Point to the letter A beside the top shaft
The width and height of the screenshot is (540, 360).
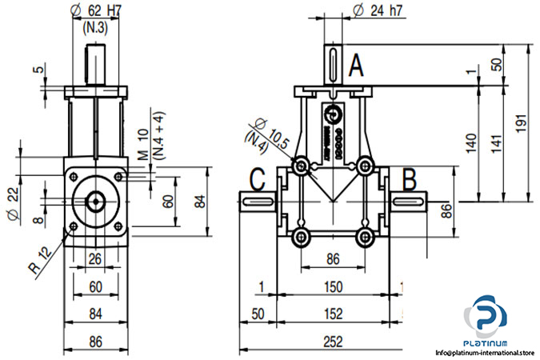coord(357,64)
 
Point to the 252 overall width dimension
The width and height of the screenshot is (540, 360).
coord(334,340)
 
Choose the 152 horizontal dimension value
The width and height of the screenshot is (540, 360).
coord(334,314)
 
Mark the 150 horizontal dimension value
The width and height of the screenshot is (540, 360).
coord(334,287)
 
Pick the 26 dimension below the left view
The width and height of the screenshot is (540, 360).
coord(95,258)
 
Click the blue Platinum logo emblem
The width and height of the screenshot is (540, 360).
coord(486,315)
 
